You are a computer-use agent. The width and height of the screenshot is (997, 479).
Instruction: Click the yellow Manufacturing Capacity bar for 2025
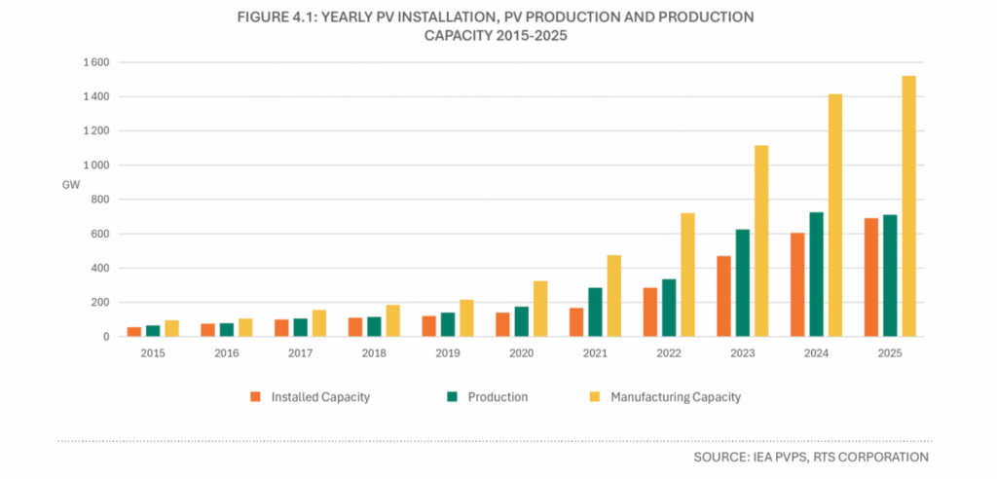[x=908, y=206]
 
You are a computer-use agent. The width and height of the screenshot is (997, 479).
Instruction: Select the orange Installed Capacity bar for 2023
[x=723, y=296]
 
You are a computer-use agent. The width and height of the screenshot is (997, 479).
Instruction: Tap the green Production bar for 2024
[x=816, y=275]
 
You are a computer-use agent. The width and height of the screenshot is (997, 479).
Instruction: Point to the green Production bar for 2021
[x=595, y=313]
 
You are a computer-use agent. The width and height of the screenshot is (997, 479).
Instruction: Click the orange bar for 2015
[x=134, y=331]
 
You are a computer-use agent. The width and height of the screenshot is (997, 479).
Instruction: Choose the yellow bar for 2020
[x=539, y=309]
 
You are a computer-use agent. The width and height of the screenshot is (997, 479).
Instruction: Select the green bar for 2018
[x=374, y=326]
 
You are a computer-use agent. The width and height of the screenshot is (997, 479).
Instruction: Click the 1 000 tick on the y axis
[x=96, y=166]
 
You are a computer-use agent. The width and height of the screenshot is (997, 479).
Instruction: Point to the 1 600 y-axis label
[x=96, y=62]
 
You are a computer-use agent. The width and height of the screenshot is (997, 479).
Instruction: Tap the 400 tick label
[x=100, y=269]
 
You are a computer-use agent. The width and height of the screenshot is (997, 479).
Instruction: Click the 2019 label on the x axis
[x=448, y=352]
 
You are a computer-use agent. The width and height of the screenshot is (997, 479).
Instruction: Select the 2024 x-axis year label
[x=816, y=352]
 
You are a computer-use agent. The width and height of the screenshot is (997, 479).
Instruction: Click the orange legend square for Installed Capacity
[x=256, y=397]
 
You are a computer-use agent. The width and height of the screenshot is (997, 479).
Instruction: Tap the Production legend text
[x=498, y=397]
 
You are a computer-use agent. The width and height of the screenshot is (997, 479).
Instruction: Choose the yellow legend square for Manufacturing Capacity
[x=595, y=397]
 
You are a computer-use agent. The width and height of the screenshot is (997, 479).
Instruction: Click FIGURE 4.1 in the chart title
[x=276, y=18]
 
